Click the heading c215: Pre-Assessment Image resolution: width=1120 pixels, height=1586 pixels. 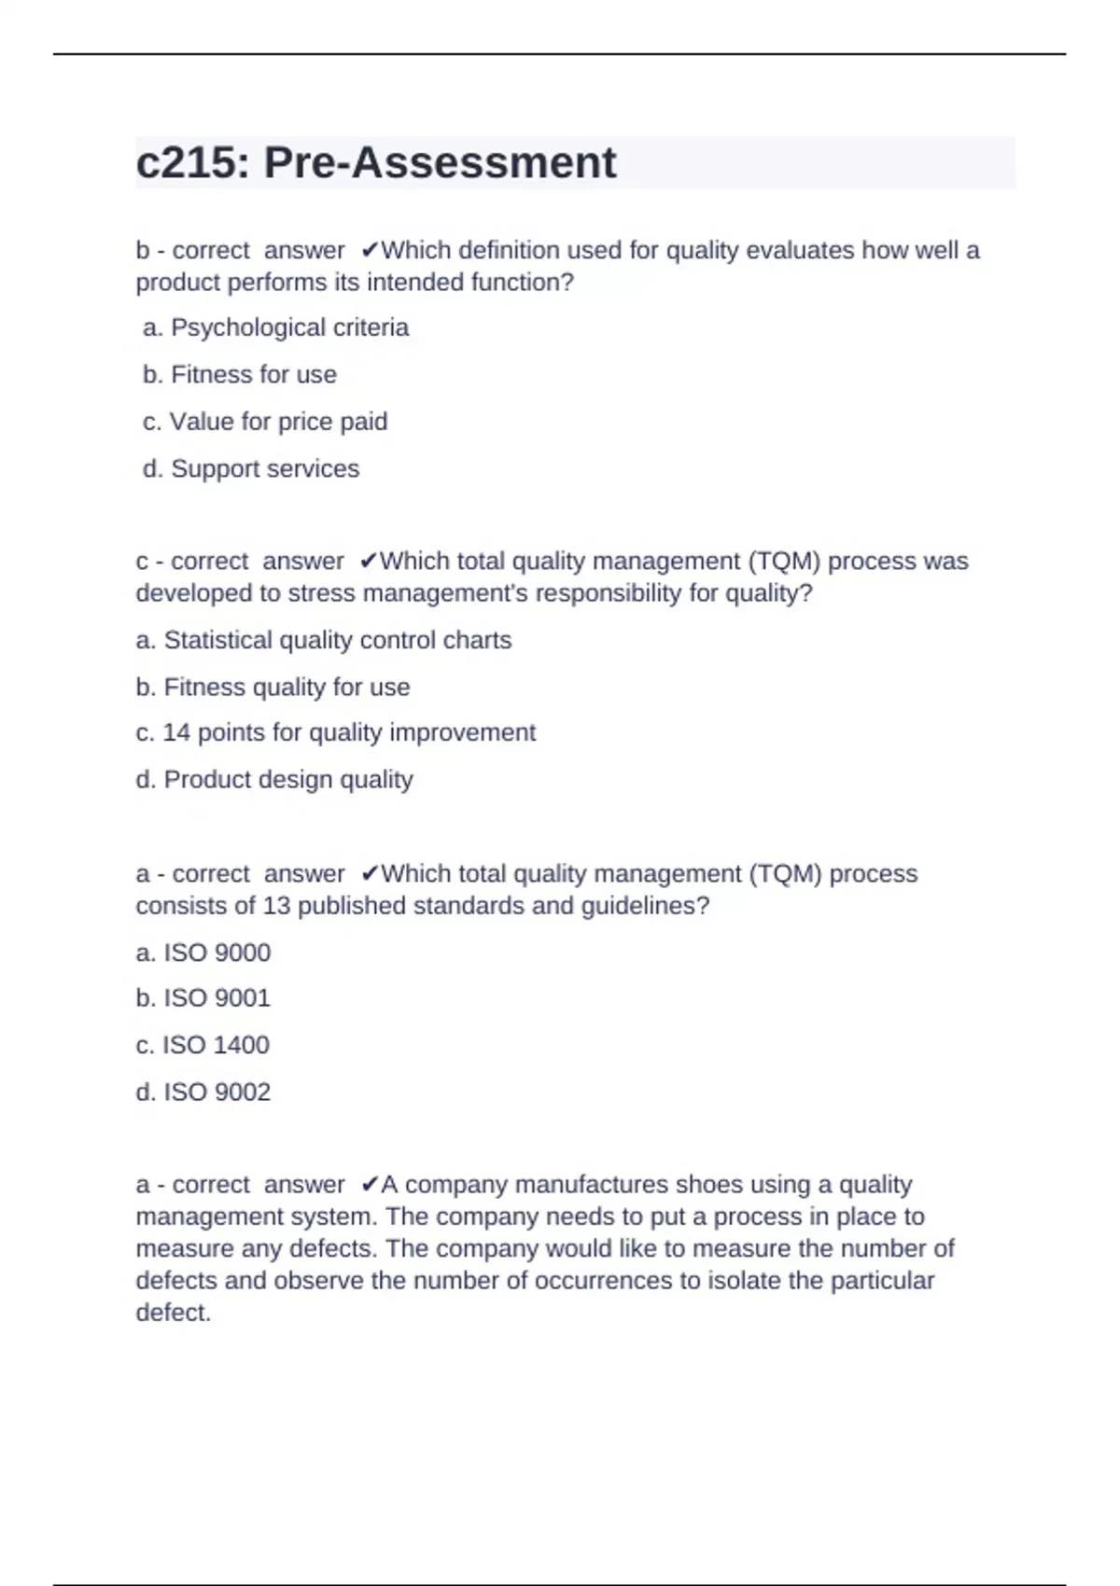(x=375, y=163)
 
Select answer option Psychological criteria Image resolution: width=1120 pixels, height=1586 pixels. (x=276, y=327)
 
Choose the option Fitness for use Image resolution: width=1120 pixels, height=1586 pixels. (x=240, y=374)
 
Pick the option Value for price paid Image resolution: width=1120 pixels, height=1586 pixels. (x=265, y=422)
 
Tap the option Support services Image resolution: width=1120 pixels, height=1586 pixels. (x=251, y=468)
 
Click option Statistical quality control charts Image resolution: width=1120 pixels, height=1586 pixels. (x=324, y=640)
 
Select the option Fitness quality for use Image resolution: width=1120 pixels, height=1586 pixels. (x=273, y=687)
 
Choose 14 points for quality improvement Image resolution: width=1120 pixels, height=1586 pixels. (x=335, y=732)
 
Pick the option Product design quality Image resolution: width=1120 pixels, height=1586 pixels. (x=274, y=779)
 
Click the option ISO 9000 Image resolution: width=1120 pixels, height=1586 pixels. (x=203, y=953)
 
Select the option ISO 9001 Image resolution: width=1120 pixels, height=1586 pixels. (x=203, y=998)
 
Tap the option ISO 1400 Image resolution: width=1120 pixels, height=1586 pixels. (x=203, y=1045)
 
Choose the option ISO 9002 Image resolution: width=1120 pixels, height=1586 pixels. (x=203, y=1092)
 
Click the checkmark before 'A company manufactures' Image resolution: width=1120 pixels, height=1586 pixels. (x=369, y=1185)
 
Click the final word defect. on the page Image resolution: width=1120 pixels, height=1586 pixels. (x=174, y=1313)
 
